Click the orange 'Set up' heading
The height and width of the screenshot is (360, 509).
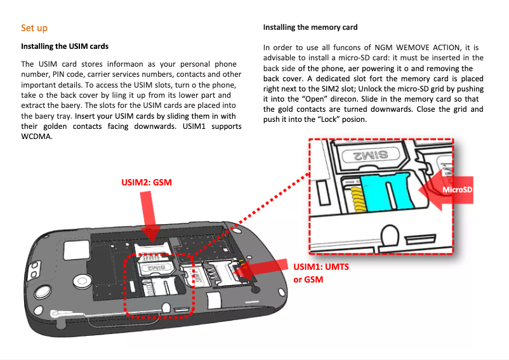click(34, 28)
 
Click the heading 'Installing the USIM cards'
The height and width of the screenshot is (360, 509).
click(65, 46)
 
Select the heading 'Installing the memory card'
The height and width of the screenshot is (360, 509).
click(310, 27)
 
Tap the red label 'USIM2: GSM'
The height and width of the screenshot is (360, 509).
click(147, 182)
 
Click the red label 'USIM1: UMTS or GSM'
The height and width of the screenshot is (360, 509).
click(321, 273)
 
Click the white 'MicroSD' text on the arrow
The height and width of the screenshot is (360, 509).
click(457, 189)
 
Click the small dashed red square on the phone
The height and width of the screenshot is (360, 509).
click(159, 284)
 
